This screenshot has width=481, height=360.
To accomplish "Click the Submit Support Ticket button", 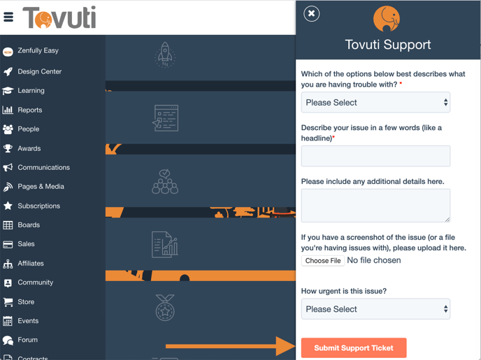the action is [354, 347].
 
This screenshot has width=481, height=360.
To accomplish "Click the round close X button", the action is [311, 13].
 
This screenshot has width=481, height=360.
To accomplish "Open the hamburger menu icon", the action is [8, 17].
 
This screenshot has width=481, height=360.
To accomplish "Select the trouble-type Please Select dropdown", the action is [375, 103].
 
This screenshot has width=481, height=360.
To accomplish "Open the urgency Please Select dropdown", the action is [375, 309].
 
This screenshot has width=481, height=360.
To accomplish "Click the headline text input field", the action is [375, 156].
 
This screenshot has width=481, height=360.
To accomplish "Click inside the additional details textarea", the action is [375, 206].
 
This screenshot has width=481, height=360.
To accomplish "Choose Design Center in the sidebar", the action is [40, 71].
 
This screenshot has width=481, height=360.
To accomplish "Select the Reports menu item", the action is [30, 110].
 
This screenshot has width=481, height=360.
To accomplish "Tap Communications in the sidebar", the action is [43, 168].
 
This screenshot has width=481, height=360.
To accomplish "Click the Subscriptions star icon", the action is [8, 206].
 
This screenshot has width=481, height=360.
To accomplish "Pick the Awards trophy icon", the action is [8, 148].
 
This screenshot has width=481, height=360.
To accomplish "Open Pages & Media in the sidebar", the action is [41, 187].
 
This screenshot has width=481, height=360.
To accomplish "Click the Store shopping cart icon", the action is [8, 302].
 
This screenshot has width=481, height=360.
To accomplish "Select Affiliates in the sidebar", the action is [31, 264].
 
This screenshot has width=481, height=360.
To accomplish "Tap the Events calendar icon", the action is [8, 321].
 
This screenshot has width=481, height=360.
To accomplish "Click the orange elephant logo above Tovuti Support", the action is [387, 19].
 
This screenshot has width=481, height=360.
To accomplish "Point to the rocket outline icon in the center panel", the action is [165, 55].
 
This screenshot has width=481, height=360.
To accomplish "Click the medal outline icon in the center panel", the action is [165, 308].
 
